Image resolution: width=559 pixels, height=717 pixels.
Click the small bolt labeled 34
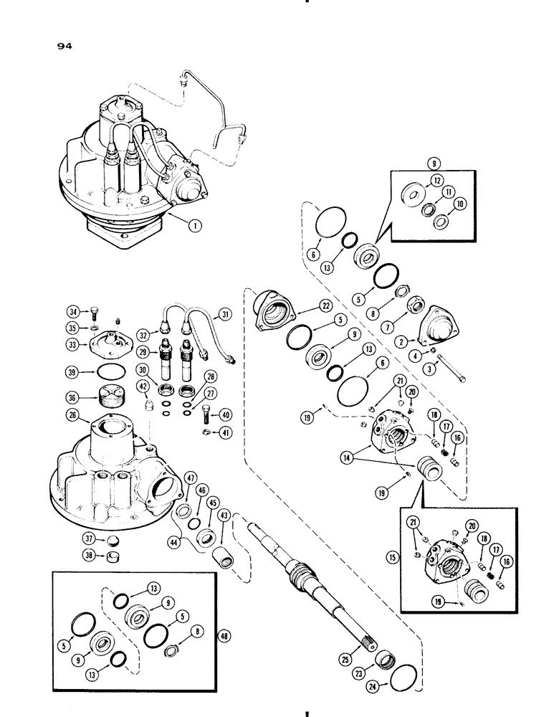pyautogui.click(x=96, y=310)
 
